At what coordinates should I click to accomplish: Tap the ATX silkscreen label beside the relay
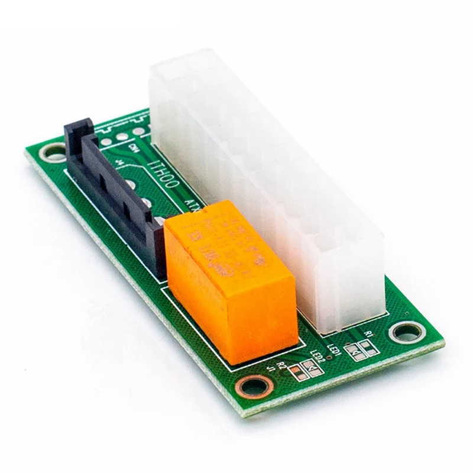(x=193, y=205)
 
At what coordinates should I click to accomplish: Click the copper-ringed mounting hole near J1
(x=254, y=388)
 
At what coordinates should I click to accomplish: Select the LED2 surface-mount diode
(x=313, y=370)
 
